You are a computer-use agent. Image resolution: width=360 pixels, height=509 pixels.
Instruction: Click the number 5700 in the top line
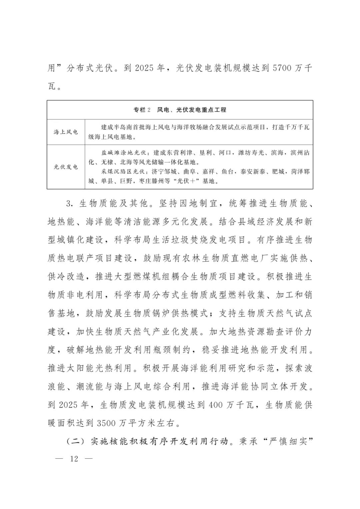(x=282, y=68)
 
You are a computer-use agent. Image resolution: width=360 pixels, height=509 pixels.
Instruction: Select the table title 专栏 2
(x=142, y=110)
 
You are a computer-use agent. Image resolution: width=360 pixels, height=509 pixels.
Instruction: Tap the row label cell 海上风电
(x=66, y=132)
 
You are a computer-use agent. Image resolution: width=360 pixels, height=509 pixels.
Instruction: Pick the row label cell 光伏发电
(x=66, y=167)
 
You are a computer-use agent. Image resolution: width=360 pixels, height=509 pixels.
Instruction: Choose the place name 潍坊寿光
(x=251, y=153)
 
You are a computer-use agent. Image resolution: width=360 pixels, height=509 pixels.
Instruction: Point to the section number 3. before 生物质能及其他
(x=69, y=203)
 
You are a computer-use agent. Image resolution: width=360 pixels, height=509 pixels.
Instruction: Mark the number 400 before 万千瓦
(x=216, y=405)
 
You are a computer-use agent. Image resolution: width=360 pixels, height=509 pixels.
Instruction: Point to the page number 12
(x=74, y=459)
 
